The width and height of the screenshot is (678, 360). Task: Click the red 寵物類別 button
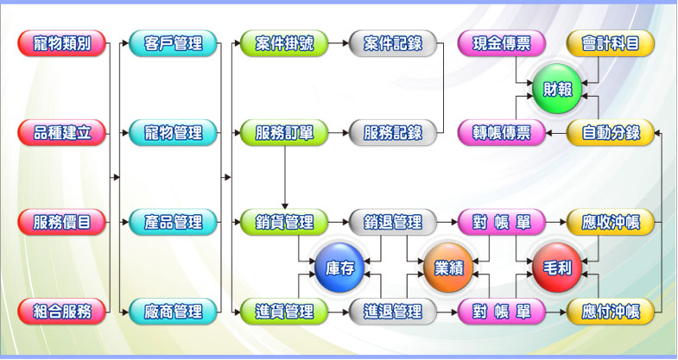coord(62,43)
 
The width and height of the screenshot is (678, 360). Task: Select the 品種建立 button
coord(62,133)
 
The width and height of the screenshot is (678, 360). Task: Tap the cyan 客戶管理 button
coord(173,43)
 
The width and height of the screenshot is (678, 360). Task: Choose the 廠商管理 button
coord(173,311)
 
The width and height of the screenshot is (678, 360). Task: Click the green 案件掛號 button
coord(284,43)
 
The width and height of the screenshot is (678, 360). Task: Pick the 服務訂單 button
coord(284,133)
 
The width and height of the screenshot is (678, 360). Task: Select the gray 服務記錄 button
coord(393,133)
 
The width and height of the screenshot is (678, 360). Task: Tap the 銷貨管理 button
coord(284,222)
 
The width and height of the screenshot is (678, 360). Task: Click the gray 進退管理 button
coord(393,311)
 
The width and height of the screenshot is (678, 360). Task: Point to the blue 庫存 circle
coord(339,268)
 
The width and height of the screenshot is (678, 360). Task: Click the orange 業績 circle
coord(448,268)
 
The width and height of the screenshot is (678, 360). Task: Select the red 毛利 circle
coord(557,268)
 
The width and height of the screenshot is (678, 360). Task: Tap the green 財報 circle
coord(557,89)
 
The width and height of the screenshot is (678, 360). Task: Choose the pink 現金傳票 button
coord(502,43)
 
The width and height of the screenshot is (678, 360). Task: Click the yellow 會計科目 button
coord(611,43)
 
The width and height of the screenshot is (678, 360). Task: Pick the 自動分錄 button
coord(611,133)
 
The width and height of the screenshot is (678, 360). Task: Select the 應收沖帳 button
coord(611,222)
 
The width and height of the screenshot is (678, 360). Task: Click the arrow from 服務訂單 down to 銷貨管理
coord(284,178)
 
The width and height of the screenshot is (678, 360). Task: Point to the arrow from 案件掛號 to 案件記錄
coord(339,43)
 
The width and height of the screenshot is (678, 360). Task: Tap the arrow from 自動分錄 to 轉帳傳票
coord(556,133)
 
